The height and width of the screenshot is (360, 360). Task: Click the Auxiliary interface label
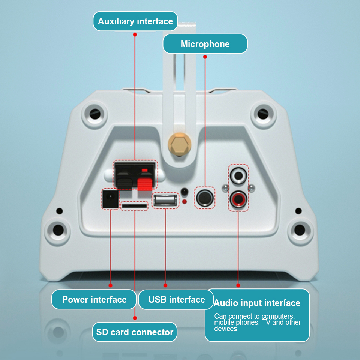pos(135,21)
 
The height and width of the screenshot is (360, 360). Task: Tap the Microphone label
pos(205,44)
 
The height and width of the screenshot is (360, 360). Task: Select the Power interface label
pos(94,300)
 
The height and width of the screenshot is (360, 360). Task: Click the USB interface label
pos(177,300)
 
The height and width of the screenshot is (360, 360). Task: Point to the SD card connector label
pos(135,332)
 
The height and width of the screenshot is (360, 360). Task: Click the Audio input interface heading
pos(257,303)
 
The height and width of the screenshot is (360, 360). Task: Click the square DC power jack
pos(111,199)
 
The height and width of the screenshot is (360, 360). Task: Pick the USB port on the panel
pos(165,200)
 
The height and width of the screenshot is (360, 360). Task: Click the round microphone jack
pos(205,198)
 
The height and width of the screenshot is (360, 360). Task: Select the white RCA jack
pos(238,175)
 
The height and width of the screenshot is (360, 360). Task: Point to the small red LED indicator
pos(184,202)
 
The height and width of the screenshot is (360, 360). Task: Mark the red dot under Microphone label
pos(205,57)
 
